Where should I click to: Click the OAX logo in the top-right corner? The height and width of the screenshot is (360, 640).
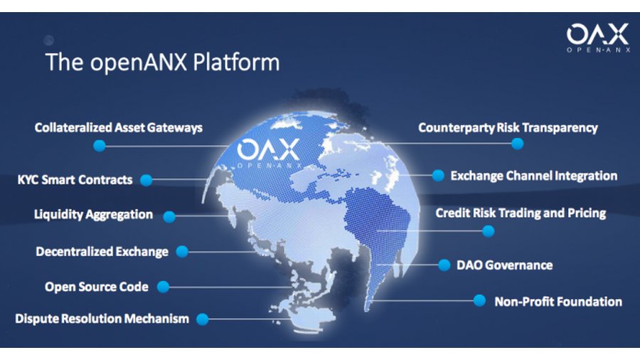coord(597,37)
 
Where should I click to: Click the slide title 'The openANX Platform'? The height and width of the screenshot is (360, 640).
coord(162,62)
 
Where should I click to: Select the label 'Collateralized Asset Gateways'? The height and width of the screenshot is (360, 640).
coord(119,128)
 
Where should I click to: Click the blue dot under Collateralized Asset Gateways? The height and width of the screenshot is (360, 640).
coord(100,145)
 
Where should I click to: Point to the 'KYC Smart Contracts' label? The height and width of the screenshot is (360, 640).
coord(75,180)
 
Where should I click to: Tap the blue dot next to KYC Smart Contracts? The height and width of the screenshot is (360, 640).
coord(146,180)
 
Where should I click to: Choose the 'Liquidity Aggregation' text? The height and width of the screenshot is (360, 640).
coord(93,214)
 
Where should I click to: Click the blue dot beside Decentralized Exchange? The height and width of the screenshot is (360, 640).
coord(182,251)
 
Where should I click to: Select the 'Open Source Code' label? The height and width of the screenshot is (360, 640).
coord(97,287)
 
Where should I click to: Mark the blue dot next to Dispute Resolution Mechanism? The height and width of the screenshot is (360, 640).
coord(203,319)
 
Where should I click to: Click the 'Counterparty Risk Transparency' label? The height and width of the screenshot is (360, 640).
coord(508,128)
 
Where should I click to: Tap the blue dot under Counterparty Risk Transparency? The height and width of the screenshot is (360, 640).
coord(517,144)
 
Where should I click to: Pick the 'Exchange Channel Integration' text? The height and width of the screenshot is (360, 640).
coord(533,175)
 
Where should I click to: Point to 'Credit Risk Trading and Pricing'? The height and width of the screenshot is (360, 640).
coord(521,213)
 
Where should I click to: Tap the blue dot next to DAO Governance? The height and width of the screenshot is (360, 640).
coord(444,265)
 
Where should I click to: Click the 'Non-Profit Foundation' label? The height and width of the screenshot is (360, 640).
coord(558,302)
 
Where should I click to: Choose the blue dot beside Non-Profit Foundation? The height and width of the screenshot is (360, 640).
coord(479,301)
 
